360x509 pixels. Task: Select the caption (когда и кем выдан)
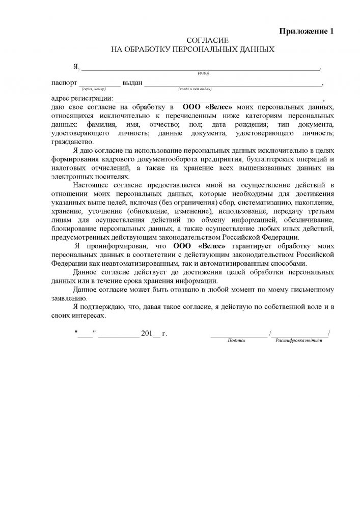point(195,89)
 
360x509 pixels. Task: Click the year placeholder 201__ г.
point(154,334)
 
